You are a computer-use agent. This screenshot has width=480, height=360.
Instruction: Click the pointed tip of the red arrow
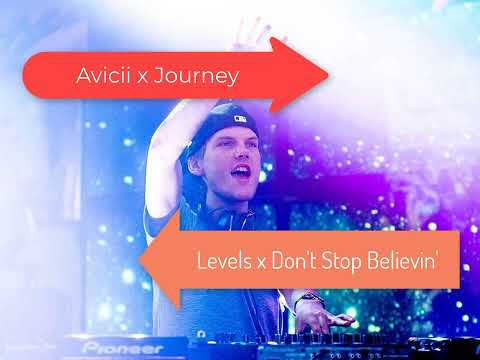tap(329, 73)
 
